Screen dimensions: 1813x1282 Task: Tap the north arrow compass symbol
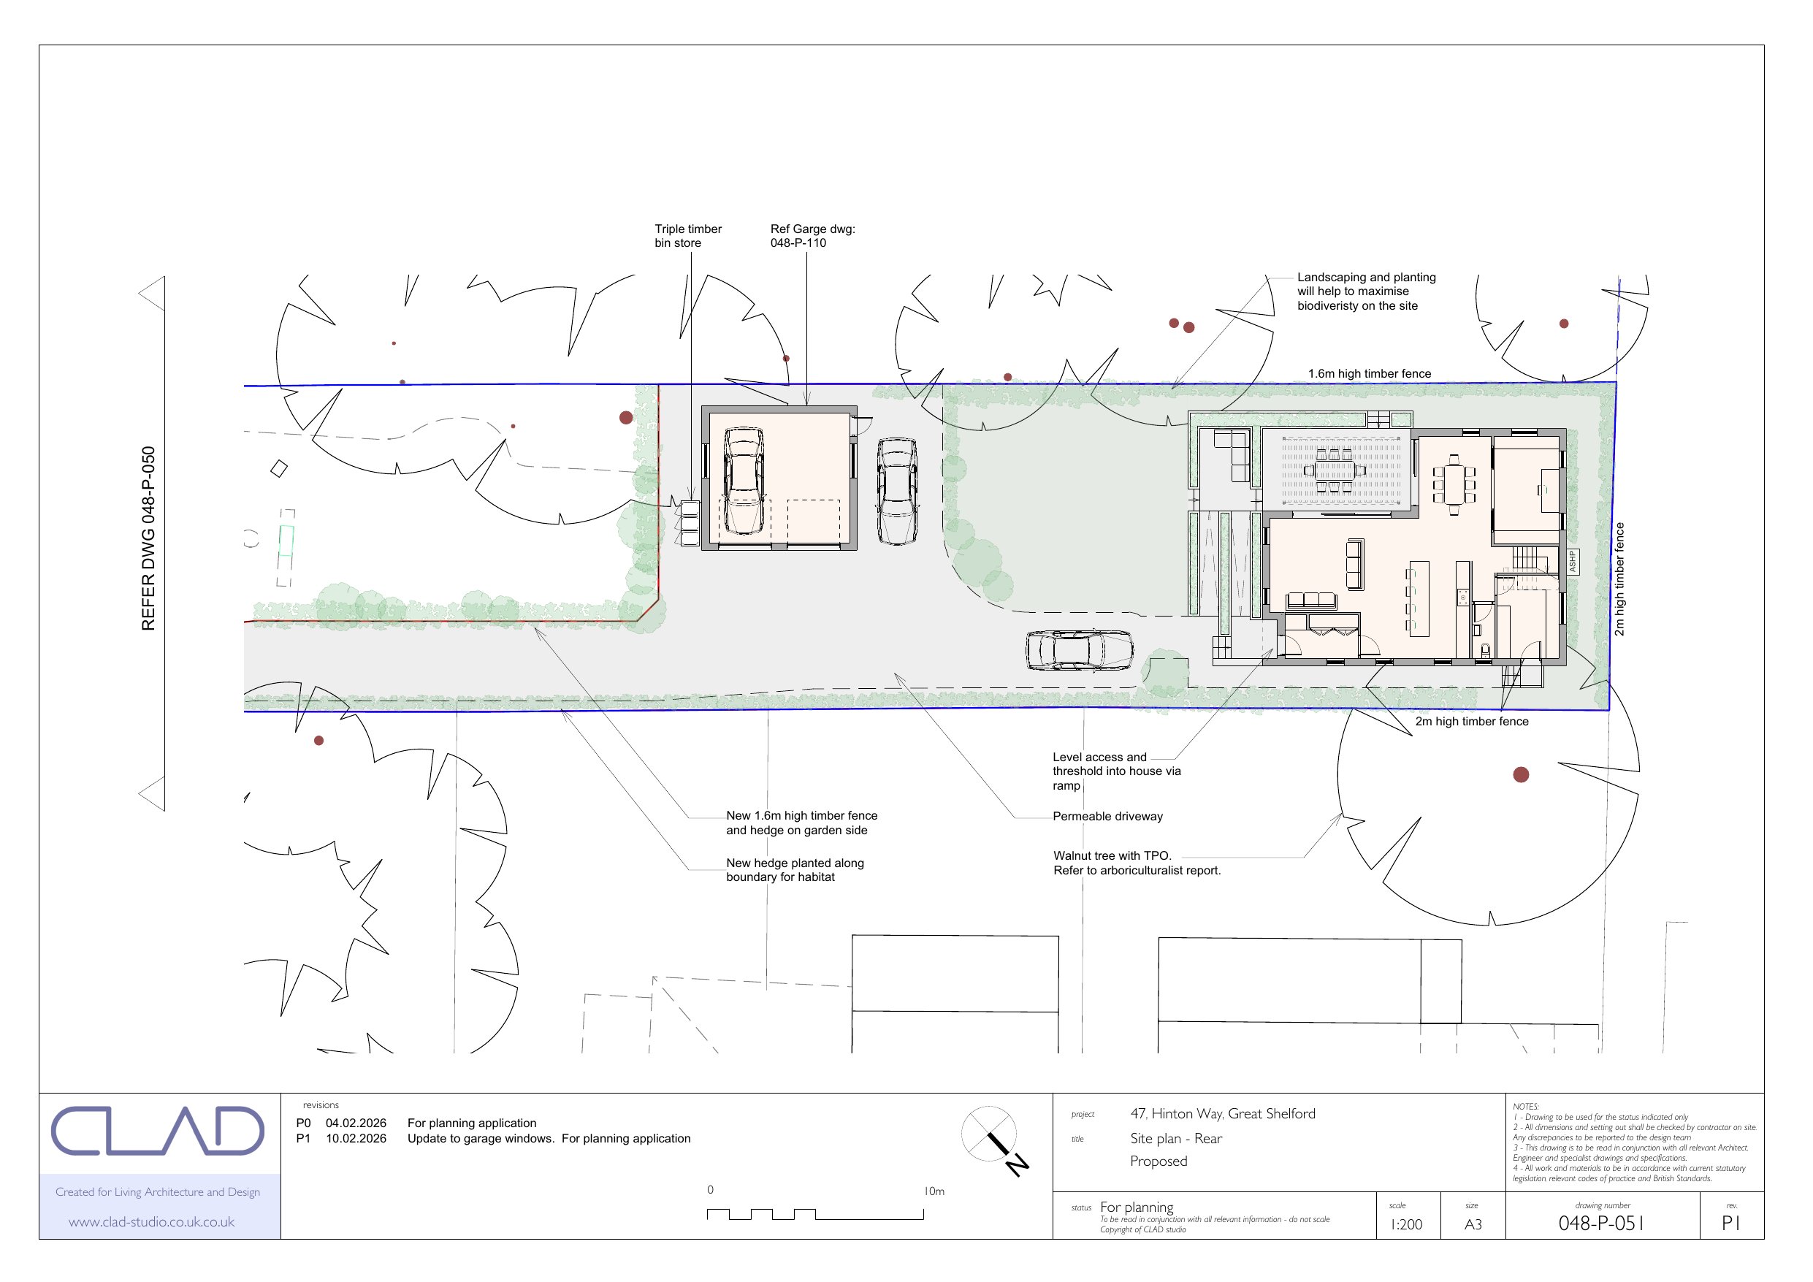click(x=994, y=1140)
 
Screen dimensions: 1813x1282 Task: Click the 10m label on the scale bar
click(x=934, y=1191)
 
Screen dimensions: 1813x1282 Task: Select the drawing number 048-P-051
click(x=1601, y=1224)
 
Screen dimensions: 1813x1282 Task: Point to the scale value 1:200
click(x=1406, y=1225)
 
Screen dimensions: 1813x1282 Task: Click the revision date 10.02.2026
click(x=356, y=1138)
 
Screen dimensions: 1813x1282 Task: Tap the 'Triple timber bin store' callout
click(x=688, y=236)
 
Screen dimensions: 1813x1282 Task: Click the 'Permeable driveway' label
click(x=1108, y=817)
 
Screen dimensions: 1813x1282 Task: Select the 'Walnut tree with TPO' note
click(x=1137, y=863)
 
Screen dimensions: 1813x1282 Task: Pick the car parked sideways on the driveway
click(x=1080, y=650)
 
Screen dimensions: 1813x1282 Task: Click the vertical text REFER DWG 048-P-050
click(x=148, y=538)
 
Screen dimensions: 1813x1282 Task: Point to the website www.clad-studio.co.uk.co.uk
click(x=152, y=1222)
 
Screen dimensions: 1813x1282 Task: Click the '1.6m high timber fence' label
click(x=1369, y=373)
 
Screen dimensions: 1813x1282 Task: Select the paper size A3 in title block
click(x=1473, y=1225)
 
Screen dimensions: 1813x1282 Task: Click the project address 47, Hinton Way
click(x=1222, y=1114)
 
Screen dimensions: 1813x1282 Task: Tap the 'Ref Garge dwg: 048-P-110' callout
click(x=812, y=236)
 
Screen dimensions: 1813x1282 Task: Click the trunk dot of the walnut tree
click(x=1521, y=775)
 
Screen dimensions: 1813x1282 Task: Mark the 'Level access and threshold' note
click(x=1117, y=771)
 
